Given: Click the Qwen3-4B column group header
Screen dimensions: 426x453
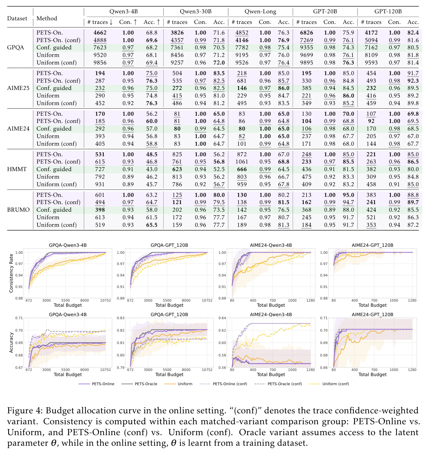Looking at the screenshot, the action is [123, 12].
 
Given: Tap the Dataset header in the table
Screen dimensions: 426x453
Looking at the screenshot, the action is [17, 18].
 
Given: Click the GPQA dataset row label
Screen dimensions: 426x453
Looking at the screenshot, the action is [15, 48].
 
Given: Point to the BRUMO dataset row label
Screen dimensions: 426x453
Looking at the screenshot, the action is [18, 210].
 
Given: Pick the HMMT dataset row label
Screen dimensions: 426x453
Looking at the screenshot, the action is [17, 169].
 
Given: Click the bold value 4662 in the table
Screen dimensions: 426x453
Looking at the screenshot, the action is [100, 33].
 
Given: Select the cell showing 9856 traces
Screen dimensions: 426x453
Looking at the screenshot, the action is [100, 62].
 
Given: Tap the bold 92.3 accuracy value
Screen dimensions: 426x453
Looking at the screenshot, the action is [413, 81].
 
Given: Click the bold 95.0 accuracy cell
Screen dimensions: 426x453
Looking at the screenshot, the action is [348, 195].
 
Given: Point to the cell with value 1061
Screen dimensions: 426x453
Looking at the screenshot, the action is [242, 161].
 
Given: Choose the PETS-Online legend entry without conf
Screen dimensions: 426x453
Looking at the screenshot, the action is [96, 384].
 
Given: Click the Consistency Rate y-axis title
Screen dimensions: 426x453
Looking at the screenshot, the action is [11, 273].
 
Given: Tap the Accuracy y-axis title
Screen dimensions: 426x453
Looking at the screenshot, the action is [11, 342].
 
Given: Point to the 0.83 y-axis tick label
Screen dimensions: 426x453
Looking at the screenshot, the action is [121, 318].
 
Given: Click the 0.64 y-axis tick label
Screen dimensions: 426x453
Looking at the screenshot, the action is [222, 318].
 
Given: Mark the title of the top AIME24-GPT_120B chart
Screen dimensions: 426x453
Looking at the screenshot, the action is [372, 245].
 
